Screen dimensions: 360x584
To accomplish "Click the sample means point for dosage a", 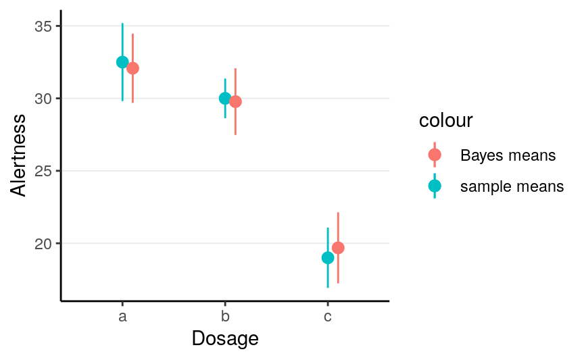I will point(122,62).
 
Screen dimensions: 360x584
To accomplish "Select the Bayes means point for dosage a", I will point(132,68).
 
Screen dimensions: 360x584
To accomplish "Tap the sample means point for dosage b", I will point(225,98).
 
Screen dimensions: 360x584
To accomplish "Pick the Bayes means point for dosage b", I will point(235,102).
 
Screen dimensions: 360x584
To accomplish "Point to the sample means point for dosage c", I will point(328,257).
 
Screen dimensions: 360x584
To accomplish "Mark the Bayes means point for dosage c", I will point(338,248).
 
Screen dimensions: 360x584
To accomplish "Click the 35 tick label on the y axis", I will point(44,26).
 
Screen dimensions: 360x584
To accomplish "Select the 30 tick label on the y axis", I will point(44,99).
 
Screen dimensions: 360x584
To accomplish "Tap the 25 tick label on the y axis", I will point(44,171).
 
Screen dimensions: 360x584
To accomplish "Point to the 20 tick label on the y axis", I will point(44,243).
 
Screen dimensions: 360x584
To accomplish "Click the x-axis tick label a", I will point(122,316).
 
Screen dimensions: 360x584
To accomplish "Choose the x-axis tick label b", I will point(225,316).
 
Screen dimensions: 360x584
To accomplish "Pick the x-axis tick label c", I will point(328,316).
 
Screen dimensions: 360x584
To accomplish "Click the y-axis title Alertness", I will point(19,155).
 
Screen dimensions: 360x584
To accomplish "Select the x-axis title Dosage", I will point(225,338).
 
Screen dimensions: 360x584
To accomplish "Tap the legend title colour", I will point(445,121).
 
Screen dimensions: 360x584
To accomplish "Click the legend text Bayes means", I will point(508,155).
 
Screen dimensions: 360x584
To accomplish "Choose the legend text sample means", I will point(512,186).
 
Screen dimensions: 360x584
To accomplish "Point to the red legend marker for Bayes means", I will point(435,155).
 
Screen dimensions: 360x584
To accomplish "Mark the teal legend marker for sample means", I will point(435,186).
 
